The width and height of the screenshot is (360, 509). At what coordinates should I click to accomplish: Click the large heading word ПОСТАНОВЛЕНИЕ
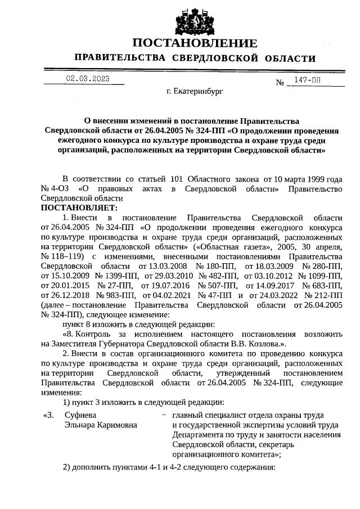click(195, 43)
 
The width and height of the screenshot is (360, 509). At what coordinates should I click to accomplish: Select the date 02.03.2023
click(87, 79)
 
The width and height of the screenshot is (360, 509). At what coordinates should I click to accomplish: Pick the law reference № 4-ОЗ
click(55, 189)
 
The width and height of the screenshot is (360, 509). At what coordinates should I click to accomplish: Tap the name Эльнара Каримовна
click(100, 425)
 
